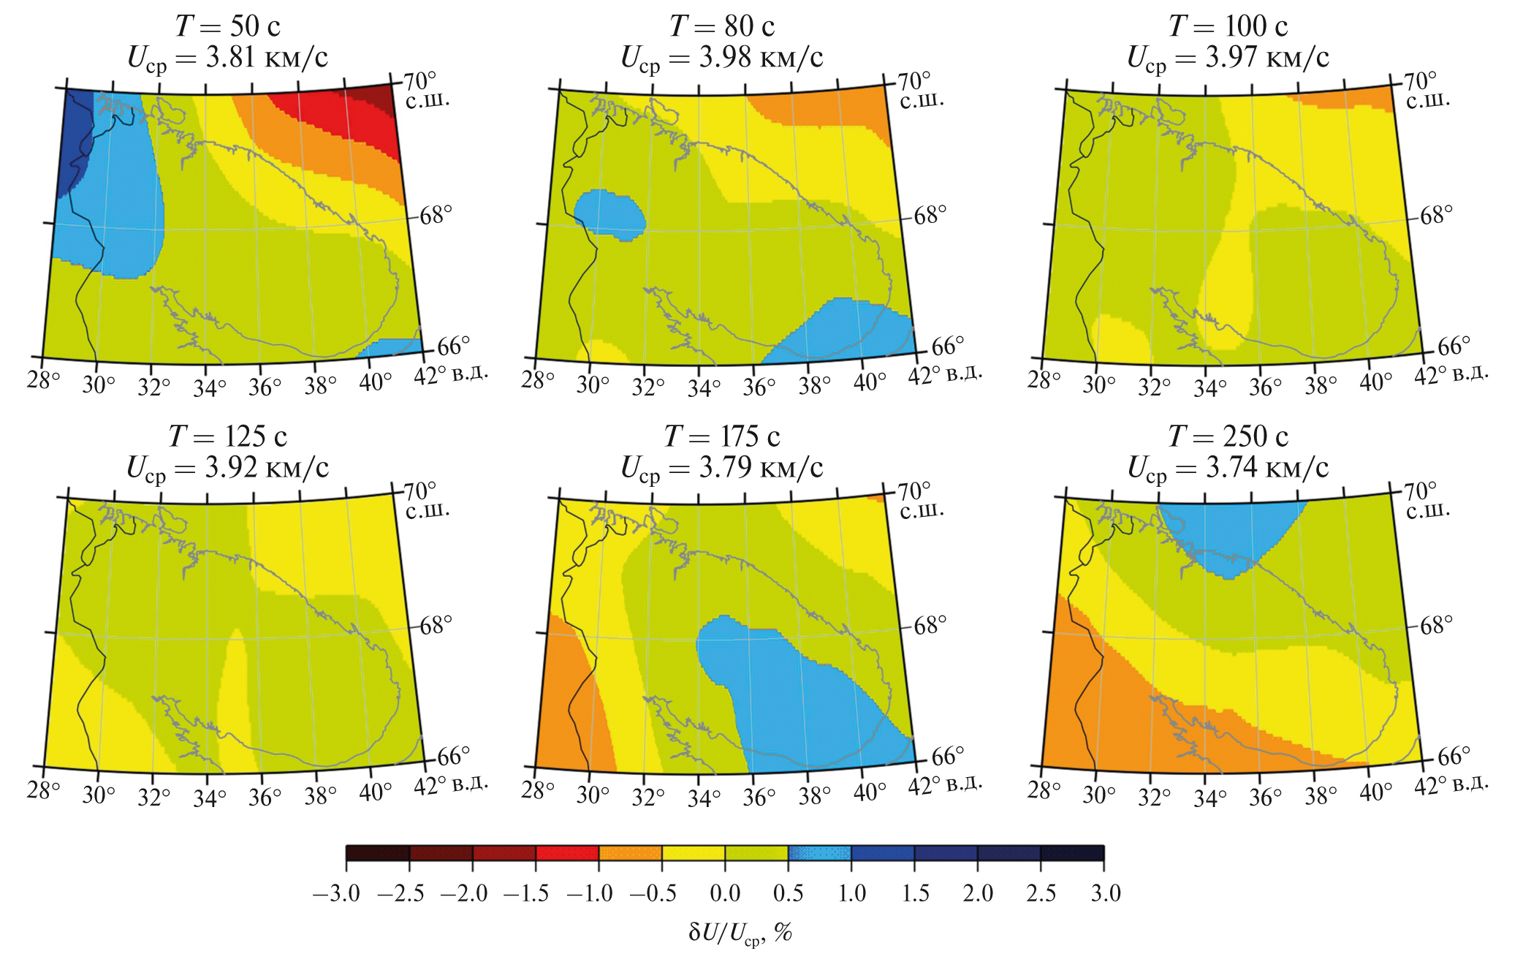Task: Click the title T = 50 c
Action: (x=227, y=26)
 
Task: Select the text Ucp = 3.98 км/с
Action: (x=721, y=58)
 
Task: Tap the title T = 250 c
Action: (x=1228, y=436)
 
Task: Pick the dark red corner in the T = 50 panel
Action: (x=376, y=98)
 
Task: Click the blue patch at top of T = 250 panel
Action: (x=1228, y=534)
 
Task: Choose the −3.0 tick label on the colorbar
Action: (x=336, y=893)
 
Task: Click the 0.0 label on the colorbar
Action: (x=725, y=893)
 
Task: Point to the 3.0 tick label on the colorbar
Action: (x=1105, y=893)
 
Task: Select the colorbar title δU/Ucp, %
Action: (x=740, y=933)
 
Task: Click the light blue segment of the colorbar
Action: (x=819, y=853)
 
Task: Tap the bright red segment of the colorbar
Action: (x=567, y=853)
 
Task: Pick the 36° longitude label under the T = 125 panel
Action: (x=264, y=796)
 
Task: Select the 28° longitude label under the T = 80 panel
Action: (x=538, y=380)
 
